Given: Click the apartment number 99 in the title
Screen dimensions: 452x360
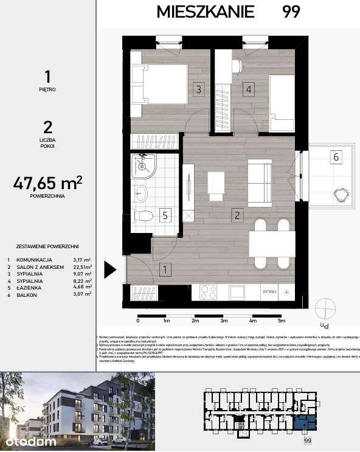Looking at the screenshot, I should coord(291,12).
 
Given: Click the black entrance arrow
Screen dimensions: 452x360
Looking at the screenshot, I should coord(110,269).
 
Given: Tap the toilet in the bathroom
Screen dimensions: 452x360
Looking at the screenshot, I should coord(144,215).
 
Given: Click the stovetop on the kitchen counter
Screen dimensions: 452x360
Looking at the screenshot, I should coord(208,292).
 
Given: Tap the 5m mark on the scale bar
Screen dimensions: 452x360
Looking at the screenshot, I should coord(281,319).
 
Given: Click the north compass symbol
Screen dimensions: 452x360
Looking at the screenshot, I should coord(326,307).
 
